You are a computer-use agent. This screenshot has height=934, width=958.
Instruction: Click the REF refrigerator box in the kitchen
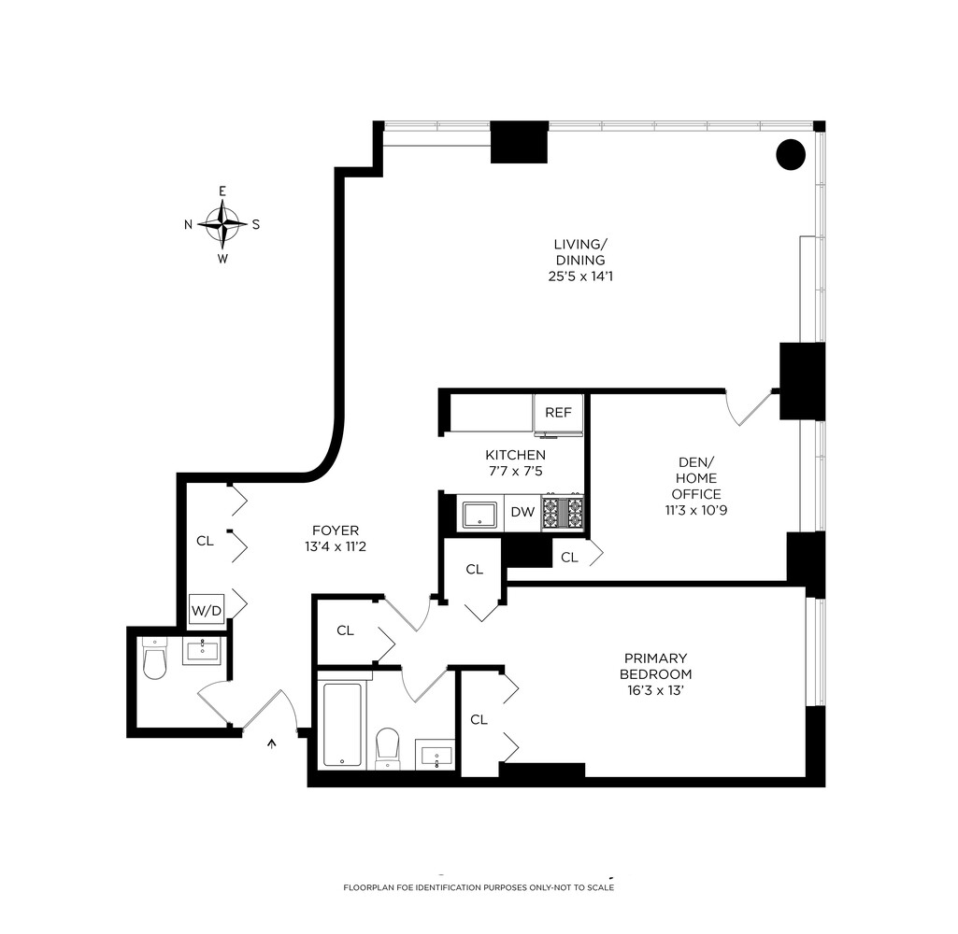coord(558,412)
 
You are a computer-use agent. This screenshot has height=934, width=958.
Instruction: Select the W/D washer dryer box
coord(207,611)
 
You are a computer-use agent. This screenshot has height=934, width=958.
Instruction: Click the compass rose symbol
coord(222,224)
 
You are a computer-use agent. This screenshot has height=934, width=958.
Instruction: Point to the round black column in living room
coord(791,154)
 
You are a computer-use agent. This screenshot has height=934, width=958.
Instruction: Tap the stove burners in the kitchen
coord(564,513)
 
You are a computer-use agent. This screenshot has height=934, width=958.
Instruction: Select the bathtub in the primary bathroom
coord(340,724)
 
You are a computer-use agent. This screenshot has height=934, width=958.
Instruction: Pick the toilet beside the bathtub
coord(387,747)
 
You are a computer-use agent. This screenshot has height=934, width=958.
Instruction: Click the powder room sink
coord(201,650)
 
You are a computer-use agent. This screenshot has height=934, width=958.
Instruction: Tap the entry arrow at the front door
coord(273,743)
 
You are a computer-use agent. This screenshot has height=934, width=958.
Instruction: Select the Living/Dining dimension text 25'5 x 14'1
coord(579,276)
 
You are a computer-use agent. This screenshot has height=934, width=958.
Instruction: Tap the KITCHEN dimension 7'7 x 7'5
coord(508,472)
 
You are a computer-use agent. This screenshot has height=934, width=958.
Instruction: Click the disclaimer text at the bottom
coord(479,886)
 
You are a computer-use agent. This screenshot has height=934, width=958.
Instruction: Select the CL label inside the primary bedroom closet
coord(479,719)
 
